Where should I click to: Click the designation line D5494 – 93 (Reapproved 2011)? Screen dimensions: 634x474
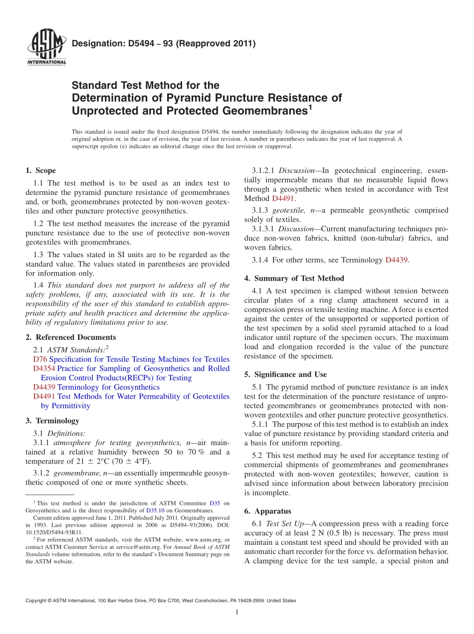(164, 43)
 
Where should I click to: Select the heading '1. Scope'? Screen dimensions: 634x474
(41, 170)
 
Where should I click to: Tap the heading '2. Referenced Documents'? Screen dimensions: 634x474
(71, 337)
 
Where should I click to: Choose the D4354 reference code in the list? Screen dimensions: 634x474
(44, 368)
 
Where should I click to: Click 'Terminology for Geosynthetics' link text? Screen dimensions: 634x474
(109, 387)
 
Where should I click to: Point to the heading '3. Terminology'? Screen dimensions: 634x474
(52, 421)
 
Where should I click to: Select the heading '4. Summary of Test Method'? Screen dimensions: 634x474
(294, 278)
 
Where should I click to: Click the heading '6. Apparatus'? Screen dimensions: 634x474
(268, 511)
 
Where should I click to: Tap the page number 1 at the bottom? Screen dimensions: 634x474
(237, 613)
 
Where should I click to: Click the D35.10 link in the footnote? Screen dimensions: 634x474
(154, 510)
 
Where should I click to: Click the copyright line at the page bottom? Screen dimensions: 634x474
(161, 601)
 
